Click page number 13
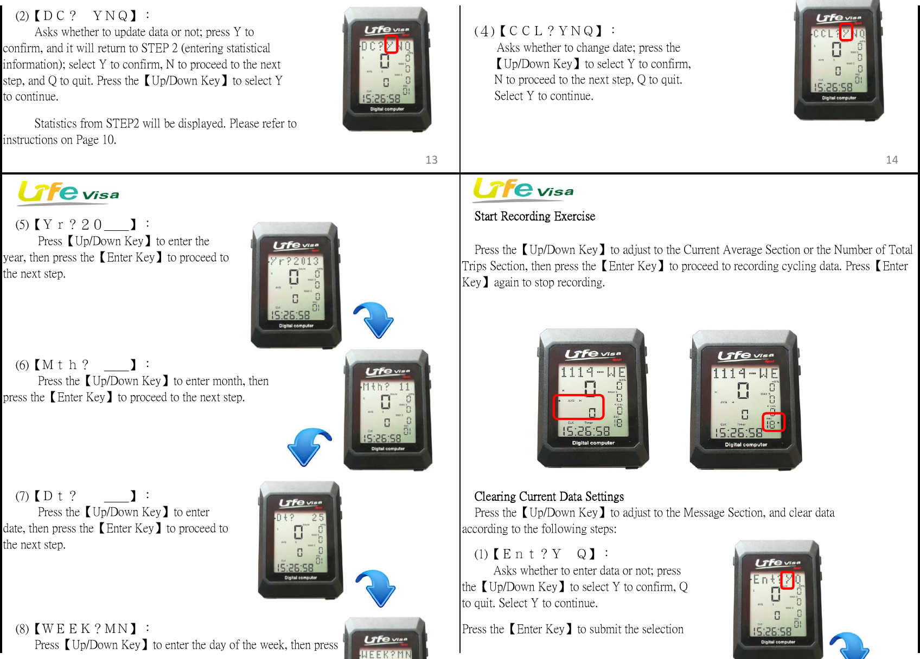coord(431,160)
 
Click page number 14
coord(892,160)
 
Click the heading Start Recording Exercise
coord(534,217)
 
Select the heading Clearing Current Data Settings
coord(548,496)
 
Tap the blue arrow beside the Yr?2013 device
coord(374,320)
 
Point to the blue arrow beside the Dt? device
coord(376,587)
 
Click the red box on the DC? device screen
coord(391,44)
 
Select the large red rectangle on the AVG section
coord(578,407)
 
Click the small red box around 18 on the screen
coord(773,422)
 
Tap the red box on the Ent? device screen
coord(787,580)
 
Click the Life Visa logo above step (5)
coord(68,192)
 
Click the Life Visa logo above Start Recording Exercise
coord(523,189)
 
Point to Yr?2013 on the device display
coord(295,261)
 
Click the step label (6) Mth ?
coord(52,365)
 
